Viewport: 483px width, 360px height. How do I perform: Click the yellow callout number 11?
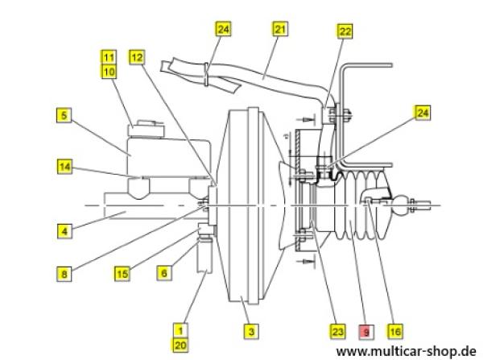(109, 56)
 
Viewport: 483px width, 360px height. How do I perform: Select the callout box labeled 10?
(109, 71)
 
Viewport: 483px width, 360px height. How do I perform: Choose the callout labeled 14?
(64, 167)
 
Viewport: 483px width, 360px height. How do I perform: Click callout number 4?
(64, 230)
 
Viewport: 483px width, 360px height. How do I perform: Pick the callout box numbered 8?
(64, 272)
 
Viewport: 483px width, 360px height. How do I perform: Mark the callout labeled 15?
(122, 273)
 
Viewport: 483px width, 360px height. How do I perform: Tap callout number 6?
(163, 273)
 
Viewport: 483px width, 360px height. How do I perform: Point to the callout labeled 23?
(337, 330)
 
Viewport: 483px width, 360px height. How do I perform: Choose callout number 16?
(394, 330)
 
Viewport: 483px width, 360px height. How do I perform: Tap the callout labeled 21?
(280, 30)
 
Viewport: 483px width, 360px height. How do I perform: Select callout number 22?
(345, 31)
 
